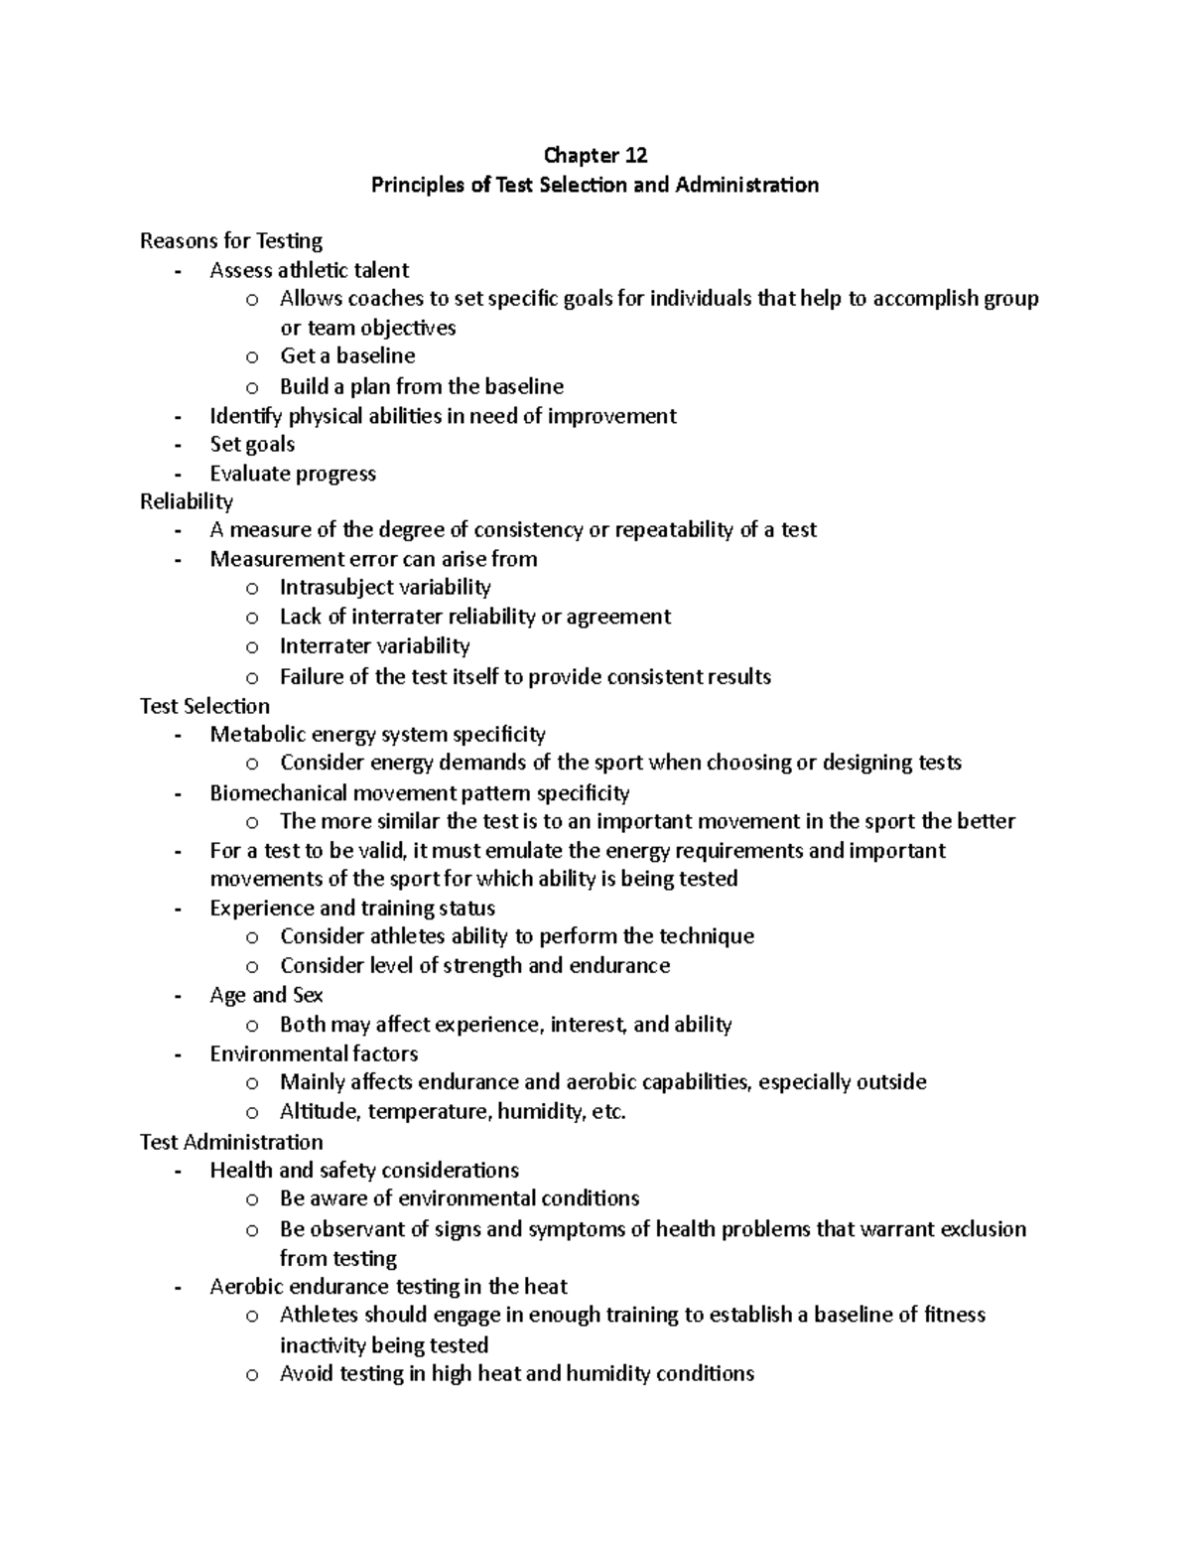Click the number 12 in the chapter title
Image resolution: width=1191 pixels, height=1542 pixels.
pos(635,155)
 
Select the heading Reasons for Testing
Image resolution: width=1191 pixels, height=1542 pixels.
pos(231,241)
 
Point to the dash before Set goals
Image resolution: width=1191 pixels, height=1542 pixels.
pos(178,445)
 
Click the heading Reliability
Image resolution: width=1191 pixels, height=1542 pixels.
pos(187,501)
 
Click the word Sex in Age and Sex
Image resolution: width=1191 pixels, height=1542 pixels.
pos(308,995)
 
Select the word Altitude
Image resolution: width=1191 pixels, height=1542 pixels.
pos(320,1111)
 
